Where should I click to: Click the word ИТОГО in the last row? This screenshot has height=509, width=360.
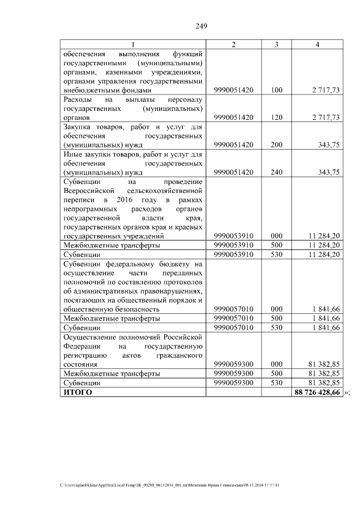[x=78, y=391]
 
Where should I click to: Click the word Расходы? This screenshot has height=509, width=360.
[x=79, y=99]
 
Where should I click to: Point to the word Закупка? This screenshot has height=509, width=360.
[x=79, y=127]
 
